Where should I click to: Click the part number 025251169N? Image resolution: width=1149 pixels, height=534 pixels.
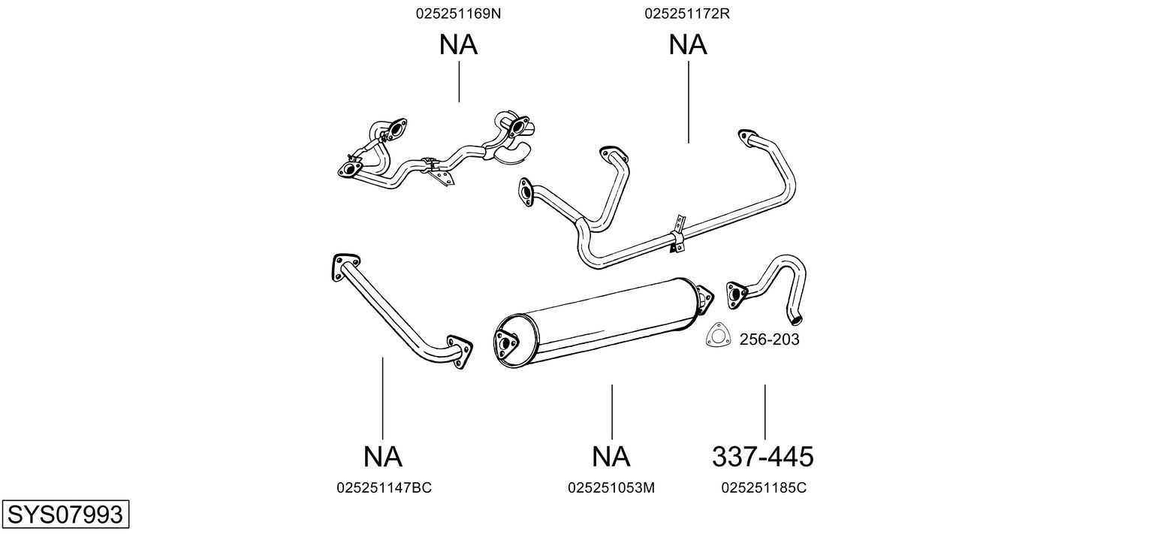coord(457,14)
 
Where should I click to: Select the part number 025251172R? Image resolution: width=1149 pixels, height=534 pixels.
coord(687,14)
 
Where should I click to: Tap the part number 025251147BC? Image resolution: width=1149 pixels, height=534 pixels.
coord(384,487)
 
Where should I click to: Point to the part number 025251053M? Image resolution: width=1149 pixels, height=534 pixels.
coord(611,487)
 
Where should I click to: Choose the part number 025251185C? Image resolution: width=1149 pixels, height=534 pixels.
coord(764,487)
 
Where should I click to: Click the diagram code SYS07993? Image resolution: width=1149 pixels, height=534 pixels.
coord(65,514)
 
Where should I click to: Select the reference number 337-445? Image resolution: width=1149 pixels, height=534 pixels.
coord(762,456)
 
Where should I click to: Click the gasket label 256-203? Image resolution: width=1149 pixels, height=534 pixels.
coord(769,339)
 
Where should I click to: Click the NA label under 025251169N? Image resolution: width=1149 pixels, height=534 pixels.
coord(458,45)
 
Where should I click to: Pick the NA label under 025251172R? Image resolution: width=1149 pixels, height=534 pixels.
coord(688,45)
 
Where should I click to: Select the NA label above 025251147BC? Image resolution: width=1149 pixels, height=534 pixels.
coord(382,456)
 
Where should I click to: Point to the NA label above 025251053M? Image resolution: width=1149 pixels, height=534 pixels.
coord(611,456)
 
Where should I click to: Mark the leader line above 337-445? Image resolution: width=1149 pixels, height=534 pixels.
coord(764,412)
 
